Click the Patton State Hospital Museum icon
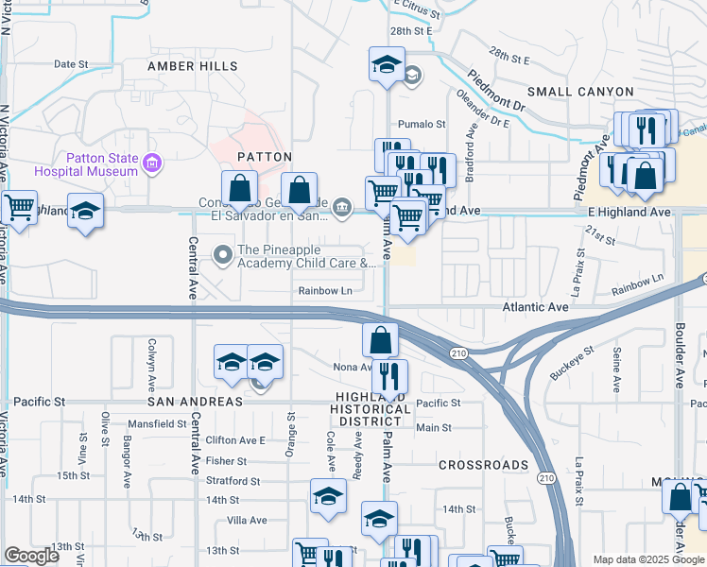coord(151,165)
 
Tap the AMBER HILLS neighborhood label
coord(185,66)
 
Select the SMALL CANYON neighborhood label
coord(580,92)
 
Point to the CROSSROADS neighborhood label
coord(483,465)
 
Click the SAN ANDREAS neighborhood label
coord(195,401)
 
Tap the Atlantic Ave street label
coord(536,306)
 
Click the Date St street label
coord(71,64)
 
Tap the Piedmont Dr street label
coord(495,91)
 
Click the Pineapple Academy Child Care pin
coord(223,253)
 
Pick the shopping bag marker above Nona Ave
coord(379,338)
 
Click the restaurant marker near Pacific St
coord(389,375)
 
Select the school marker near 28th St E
coord(386,64)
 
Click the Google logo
coord(32,556)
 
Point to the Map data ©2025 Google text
coord(647,558)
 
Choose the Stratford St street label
coord(233,481)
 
